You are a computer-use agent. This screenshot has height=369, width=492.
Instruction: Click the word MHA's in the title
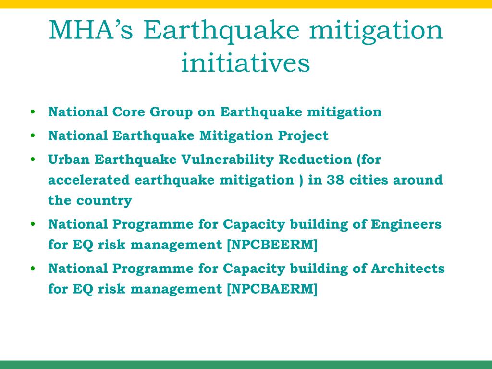(91, 30)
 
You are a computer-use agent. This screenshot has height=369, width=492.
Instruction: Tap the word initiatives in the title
(246, 62)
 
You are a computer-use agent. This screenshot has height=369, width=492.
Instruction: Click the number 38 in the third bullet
(335, 180)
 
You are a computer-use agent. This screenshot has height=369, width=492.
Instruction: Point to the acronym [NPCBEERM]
(272, 245)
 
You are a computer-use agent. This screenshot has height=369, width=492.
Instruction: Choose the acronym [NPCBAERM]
(272, 289)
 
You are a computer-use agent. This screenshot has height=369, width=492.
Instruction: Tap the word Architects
(407, 268)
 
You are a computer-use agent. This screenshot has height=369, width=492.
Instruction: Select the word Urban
(69, 160)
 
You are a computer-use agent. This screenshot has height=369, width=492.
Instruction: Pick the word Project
(303, 136)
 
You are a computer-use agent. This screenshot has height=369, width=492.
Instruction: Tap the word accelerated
(89, 180)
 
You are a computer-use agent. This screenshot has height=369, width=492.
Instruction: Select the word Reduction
(315, 160)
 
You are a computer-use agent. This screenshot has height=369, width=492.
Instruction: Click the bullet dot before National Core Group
(33, 111)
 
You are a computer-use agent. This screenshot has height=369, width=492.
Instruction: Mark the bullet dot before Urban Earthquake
(33, 160)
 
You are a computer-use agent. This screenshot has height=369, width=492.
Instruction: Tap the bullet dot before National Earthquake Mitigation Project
(33, 135)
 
